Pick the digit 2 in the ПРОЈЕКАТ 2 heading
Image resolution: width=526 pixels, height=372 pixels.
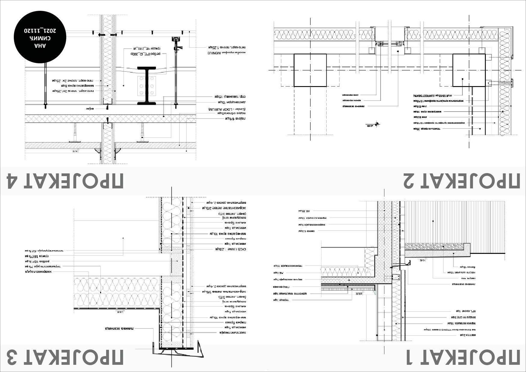[x=411, y=181]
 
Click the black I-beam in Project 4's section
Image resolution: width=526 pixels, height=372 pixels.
[x=147, y=86]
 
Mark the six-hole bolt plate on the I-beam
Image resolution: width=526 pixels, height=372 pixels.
[x=147, y=86]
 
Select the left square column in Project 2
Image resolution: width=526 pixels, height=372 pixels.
[x=310, y=70]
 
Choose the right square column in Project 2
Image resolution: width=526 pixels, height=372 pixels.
[x=469, y=70]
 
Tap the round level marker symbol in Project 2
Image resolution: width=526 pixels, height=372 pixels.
[x=376, y=124]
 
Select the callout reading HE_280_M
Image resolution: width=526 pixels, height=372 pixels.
[x=146, y=48]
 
